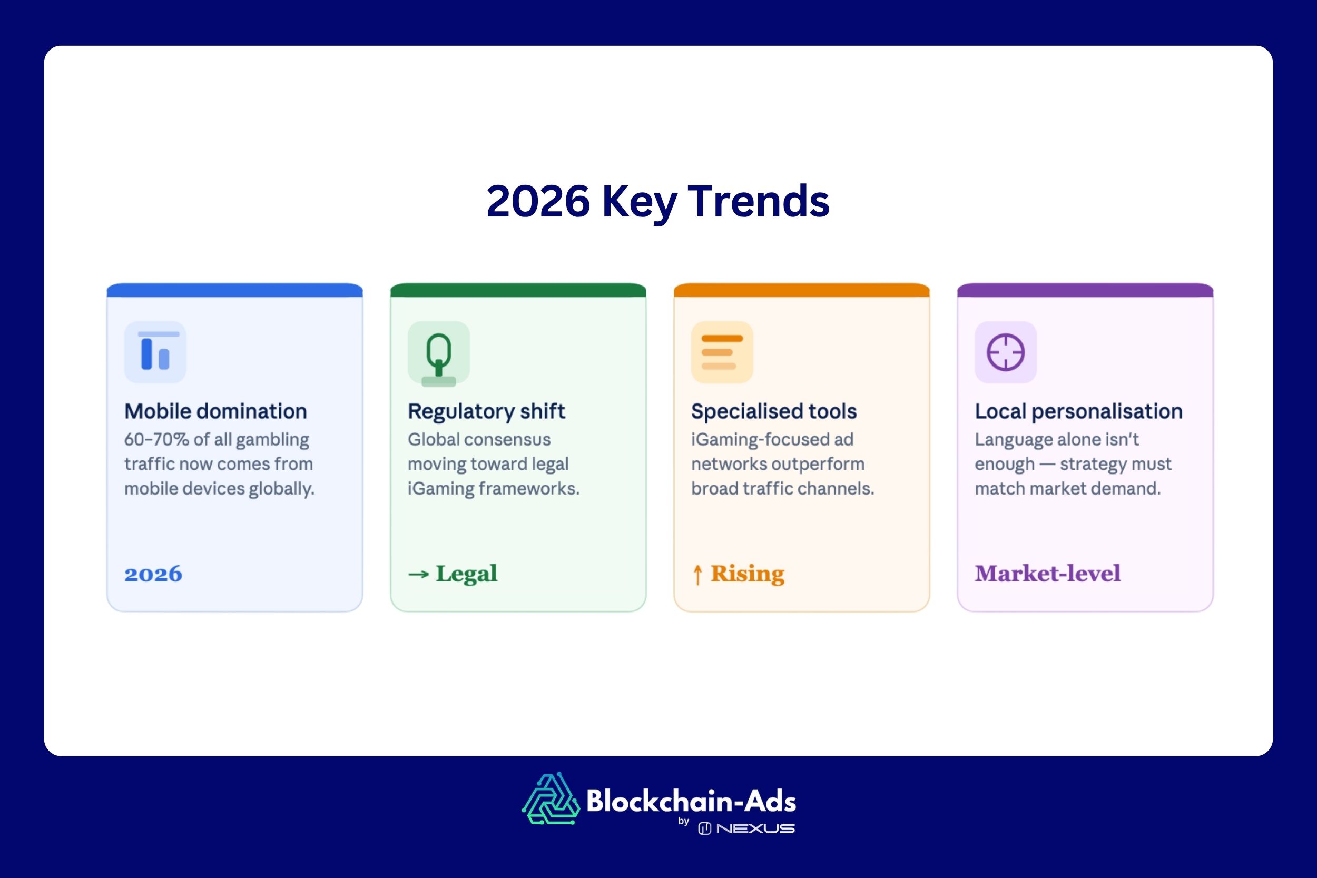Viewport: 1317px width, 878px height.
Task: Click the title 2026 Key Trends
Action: [x=658, y=202]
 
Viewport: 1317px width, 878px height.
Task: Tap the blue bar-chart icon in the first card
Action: [x=155, y=352]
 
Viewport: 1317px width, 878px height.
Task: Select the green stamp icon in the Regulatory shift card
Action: [x=438, y=353]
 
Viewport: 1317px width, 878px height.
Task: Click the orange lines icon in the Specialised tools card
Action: [x=722, y=352]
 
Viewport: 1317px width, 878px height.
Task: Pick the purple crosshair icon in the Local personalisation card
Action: [x=1005, y=352]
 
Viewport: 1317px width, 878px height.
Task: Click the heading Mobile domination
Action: [x=215, y=411]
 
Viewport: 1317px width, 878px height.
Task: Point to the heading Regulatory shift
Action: [x=486, y=411]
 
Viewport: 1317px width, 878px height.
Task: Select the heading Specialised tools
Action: [x=774, y=411]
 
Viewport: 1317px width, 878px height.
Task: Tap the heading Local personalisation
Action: [x=1078, y=411]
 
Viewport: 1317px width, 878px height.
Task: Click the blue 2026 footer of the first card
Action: [x=153, y=574]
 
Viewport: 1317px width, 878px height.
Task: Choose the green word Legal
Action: [x=466, y=574]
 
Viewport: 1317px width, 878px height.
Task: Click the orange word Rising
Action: [x=748, y=574]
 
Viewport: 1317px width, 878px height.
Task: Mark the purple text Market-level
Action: [x=1047, y=574]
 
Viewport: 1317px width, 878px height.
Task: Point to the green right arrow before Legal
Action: [x=418, y=575]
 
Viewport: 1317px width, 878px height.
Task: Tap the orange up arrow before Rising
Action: [x=697, y=575]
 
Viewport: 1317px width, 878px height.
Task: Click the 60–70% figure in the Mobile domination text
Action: [x=156, y=440]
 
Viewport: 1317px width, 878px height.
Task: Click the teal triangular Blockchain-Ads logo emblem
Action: [x=551, y=799]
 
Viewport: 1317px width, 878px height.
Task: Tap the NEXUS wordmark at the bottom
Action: [x=755, y=828]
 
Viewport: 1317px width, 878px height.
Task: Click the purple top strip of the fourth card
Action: [x=1085, y=290]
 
